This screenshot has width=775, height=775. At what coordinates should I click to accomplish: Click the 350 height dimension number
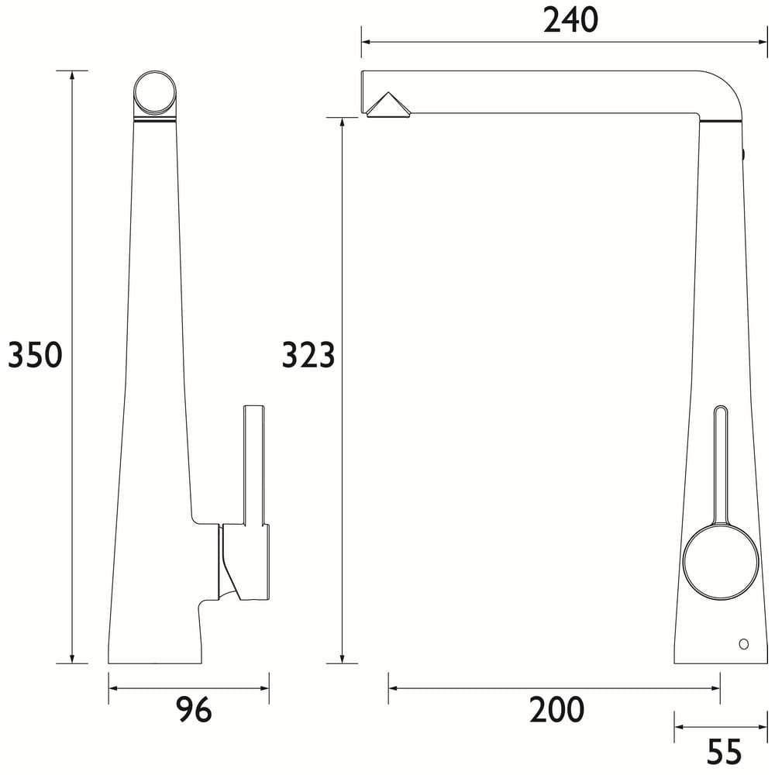[34, 355]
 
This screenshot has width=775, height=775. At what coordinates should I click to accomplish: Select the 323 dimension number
[308, 355]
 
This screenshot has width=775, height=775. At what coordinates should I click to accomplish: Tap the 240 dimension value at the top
[570, 20]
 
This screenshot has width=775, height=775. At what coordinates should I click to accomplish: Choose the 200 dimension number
[556, 710]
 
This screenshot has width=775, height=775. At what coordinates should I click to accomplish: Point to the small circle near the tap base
[744, 643]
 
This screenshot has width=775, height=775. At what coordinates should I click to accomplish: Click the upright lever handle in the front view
[255, 465]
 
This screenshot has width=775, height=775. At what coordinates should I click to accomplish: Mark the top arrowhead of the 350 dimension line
[73, 75]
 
